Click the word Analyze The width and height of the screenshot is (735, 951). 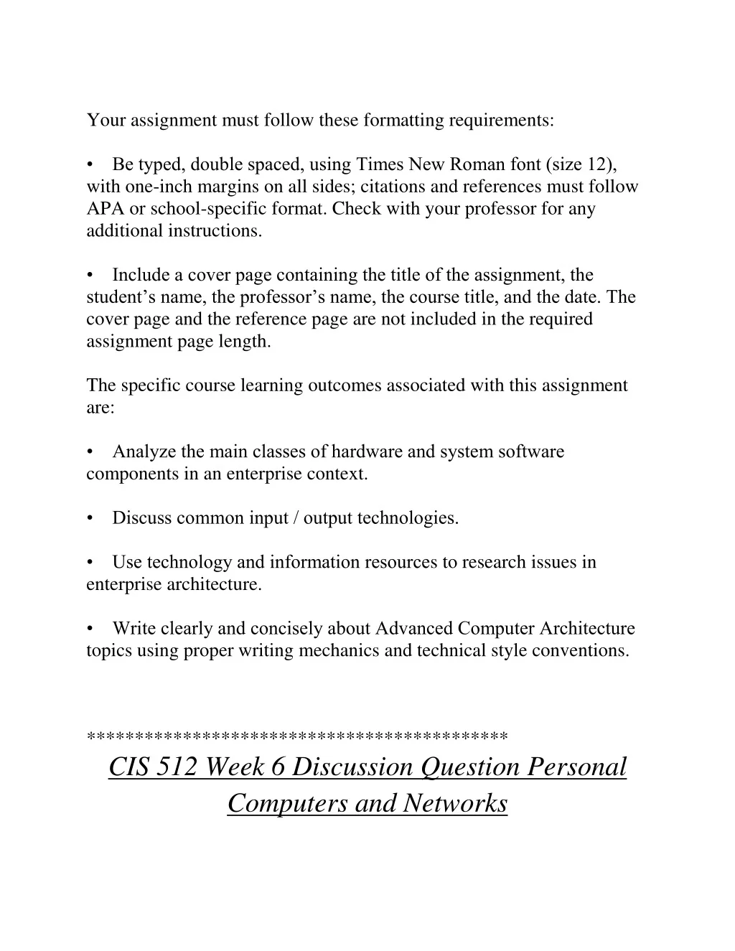(x=144, y=452)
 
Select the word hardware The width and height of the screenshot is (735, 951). (x=367, y=452)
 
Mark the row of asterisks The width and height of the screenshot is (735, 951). (x=297, y=736)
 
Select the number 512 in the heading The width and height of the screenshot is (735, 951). (x=177, y=767)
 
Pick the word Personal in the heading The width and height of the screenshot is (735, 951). (x=577, y=767)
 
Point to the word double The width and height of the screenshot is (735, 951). (x=217, y=165)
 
